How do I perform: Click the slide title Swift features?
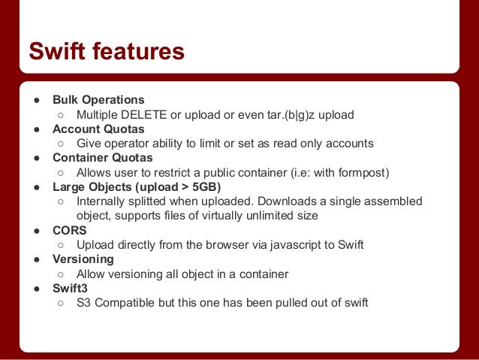[x=106, y=52]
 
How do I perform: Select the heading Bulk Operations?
[x=98, y=100]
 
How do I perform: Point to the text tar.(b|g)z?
[x=286, y=115]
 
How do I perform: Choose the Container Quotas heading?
[x=102, y=158]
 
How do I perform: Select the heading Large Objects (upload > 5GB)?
[x=137, y=187]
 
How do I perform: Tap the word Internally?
[x=104, y=201]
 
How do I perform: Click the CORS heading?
[x=70, y=231]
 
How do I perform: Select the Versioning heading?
[x=83, y=259]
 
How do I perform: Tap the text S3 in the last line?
[x=84, y=303]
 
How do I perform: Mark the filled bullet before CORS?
[x=35, y=231]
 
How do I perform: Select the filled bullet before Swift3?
[x=35, y=289]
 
